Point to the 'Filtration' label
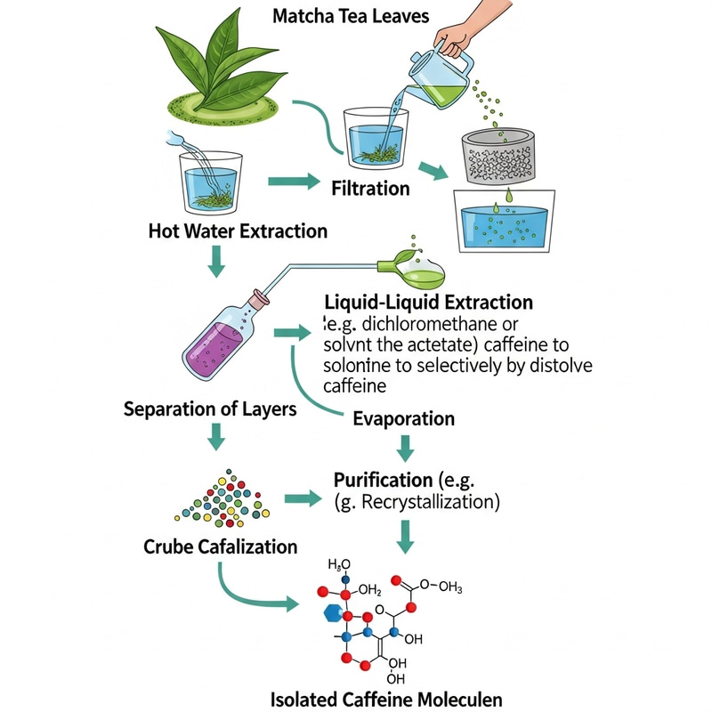[x=370, y=188]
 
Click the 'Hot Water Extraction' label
[x=238, y=231]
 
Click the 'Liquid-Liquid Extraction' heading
[x=430, y=303]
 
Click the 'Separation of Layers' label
[x=211, y=410]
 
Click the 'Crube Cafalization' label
[x=221, y=546]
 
